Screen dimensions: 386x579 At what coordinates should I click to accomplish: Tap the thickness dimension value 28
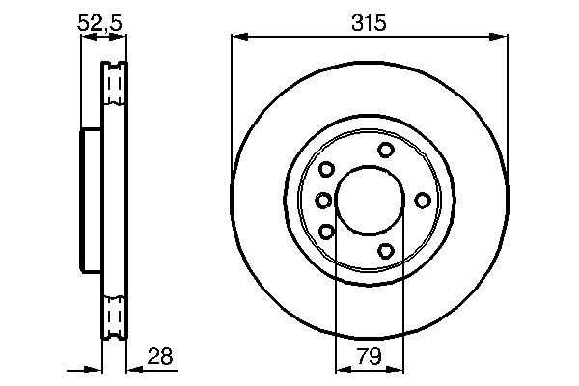[x=160, y=359]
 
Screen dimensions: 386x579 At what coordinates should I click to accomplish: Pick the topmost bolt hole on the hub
[x=386, y=150]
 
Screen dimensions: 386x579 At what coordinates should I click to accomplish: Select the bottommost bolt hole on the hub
[x=386, y=251]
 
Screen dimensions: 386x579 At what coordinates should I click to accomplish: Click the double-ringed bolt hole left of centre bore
[x=323, y=200]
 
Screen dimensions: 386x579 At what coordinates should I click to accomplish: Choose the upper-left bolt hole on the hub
[x=325, y=169]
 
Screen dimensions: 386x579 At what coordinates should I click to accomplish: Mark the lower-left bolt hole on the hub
[x=325, y=232]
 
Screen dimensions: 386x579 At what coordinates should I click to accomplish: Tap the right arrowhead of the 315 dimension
[x=503, y=37]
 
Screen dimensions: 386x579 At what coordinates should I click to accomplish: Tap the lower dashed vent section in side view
[x=114, y=314]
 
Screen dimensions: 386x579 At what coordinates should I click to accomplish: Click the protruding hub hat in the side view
[x=89, y=200]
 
